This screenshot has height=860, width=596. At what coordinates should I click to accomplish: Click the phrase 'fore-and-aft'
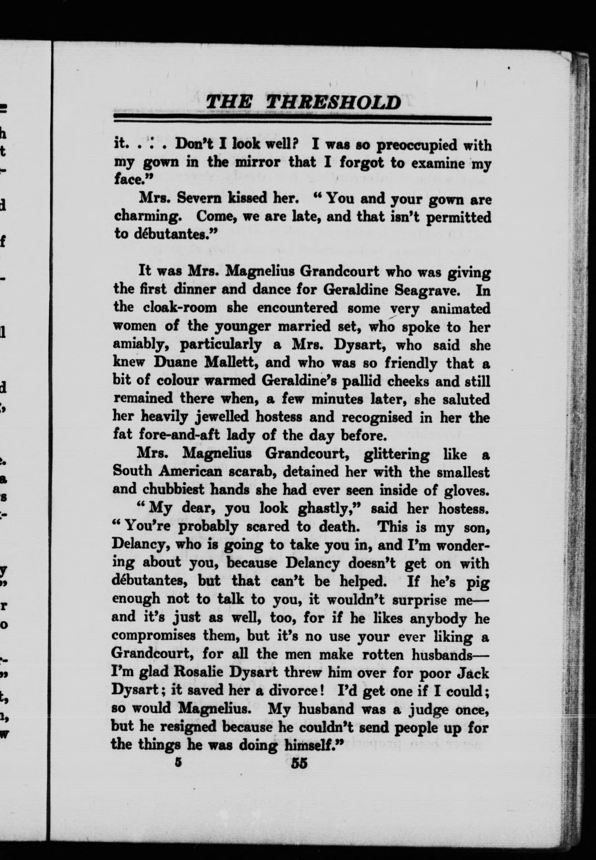(179, 435)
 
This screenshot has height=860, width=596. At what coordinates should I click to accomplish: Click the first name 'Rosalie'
(196, 673)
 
